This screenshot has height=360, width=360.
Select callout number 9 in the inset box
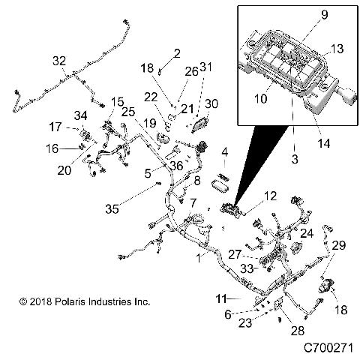(x=304, y=14)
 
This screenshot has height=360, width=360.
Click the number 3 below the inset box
(x=295, y=160)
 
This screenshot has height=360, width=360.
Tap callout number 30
(x=211, y=103)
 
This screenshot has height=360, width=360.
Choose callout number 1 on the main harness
(x=198, y=257)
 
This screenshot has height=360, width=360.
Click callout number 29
(x=339, y=246)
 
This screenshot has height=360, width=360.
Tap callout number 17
(x=55, y=126)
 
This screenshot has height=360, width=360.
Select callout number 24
(x=307, y=232)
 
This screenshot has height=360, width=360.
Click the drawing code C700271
(x=329, y=348)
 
